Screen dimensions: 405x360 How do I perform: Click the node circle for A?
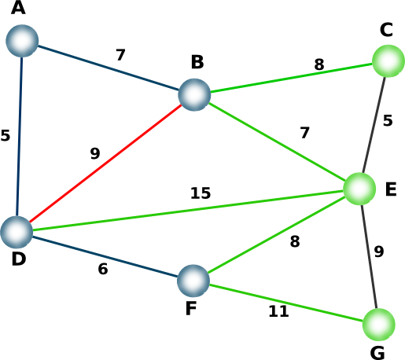22,41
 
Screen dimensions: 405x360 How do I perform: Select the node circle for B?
194,94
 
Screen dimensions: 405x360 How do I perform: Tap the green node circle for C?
388,61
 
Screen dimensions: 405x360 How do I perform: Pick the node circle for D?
17,232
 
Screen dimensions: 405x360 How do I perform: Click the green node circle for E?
359,189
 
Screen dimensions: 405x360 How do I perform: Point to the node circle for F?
193,281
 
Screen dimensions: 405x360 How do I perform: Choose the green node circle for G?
379,325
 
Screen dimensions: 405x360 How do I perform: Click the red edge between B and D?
105,163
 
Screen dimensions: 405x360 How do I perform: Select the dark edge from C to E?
374,125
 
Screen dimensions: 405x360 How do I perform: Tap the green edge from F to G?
286,303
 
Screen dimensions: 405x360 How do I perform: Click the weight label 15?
201,193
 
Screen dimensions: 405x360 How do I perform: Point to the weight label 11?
278,311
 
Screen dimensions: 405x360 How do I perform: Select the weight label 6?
103,269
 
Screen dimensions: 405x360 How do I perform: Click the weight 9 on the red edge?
95,153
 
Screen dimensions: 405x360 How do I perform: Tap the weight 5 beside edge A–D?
6,135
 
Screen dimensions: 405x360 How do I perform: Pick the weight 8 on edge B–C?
319,64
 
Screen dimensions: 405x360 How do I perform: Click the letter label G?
377,353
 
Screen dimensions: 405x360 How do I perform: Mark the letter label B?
197,62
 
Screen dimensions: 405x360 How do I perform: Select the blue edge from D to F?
105,257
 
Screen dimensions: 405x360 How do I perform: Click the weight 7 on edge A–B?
120,55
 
